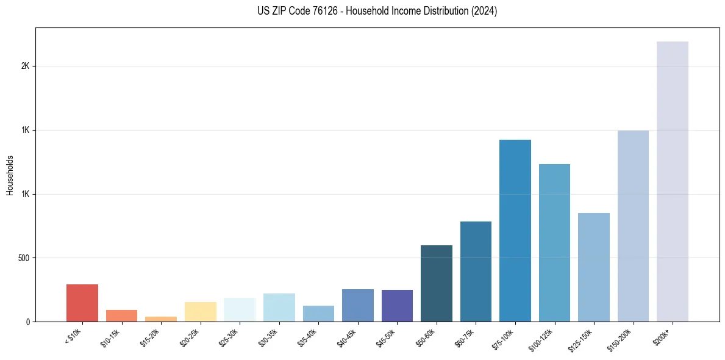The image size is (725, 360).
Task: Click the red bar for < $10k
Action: pyautogui.click(x=82, y=303)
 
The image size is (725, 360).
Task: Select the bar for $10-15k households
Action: pyautogui.click(x=121, y=315)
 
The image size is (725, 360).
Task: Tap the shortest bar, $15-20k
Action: pyautogui.click(x=161, y=319)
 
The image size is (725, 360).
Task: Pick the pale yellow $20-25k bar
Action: pyautogui.click(x=201, y=311)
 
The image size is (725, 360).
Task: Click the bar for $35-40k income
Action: pyautogui.click(x=318, y=314)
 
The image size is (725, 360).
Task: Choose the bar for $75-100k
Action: pyautogui.click(x=515, y=231)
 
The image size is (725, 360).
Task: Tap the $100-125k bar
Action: pyautogui.click(x=554, y=243)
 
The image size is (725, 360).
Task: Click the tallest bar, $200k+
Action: pyautogui.click(x=673, y=181)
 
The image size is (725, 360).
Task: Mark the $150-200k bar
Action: pyautogui.click(x=633, y=226)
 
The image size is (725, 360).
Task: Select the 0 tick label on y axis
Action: pyautogui.click(x=28, y=322)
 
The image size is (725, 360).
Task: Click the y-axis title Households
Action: pyautogui.click(x=10, y=175)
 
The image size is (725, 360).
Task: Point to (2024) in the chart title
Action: pyautogui.click(x=485, y=11)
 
